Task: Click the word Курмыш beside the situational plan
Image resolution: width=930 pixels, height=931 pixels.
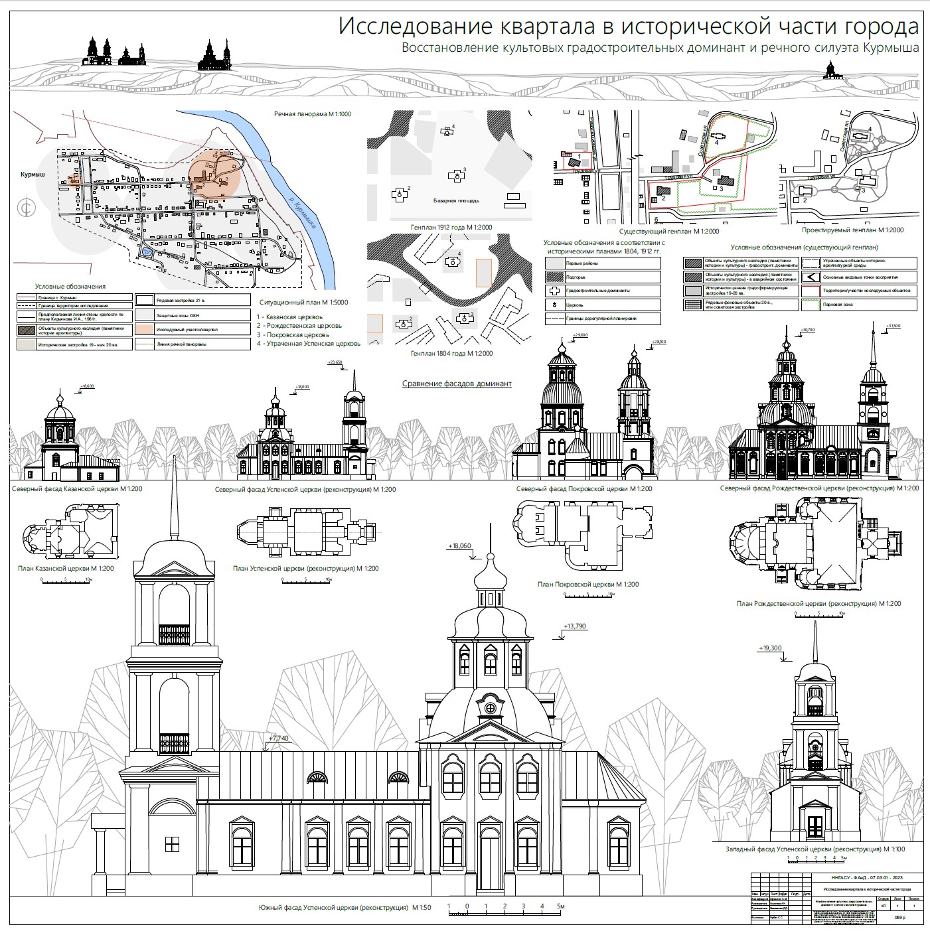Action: pyautogui.click(x=32, y=174)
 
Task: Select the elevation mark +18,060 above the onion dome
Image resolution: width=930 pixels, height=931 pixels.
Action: pyautogui.click(x=460, y=546)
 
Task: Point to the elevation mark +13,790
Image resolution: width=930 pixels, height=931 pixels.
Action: pyautogui.click(x=575, y=626)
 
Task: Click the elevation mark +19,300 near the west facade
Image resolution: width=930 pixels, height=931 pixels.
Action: pyautogui.click(x=770, y=648)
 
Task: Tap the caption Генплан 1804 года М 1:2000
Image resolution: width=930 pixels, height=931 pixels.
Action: pyautogui.click(x=451, y=354)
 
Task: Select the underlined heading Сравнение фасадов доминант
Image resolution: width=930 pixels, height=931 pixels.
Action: pyautogui.click(x=457, y=384)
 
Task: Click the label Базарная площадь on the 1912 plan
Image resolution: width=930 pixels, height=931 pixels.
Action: pyautogui.click(x=456, y=200)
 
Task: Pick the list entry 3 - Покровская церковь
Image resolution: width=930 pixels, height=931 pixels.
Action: pyautogui.click(x=293, y=335)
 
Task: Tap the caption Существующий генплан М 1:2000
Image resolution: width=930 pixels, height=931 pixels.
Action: pyautogui.click(x=669, y=232)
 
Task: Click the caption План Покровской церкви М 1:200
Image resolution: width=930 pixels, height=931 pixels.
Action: pyautogui.click(x=588, y=585)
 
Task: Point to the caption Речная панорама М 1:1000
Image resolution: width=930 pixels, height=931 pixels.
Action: pyautogui.click(x=313, y=114)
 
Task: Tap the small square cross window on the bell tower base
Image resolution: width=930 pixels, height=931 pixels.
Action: pyautogui.click(x=172, y=843)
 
